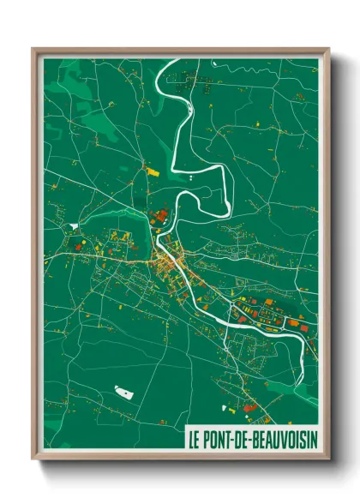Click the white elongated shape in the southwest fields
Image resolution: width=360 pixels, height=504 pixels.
[124, 393]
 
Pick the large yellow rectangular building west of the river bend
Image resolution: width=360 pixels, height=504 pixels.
[154, 172]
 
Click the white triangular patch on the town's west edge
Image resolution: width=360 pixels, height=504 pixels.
[75, 225]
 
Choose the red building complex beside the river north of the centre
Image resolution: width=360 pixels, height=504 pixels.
[160, 216]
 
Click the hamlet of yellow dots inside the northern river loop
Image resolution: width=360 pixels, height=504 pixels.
[184, 84]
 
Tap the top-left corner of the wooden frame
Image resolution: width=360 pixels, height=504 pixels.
[33, 49]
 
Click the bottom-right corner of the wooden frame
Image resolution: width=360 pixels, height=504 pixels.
[328, 459]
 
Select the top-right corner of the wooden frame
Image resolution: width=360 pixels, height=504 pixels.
[328, 49]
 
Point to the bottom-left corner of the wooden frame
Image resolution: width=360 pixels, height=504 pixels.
[33, 459]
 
